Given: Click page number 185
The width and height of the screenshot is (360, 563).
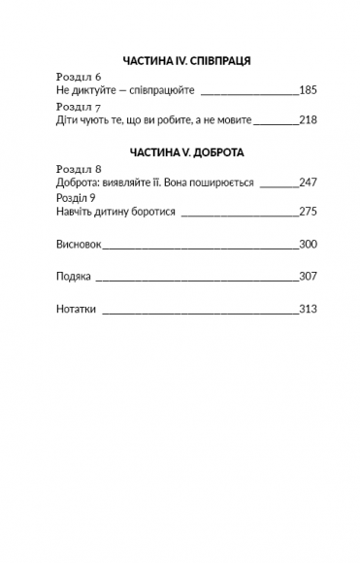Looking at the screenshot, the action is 309,90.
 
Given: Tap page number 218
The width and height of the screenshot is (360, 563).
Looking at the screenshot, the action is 309,120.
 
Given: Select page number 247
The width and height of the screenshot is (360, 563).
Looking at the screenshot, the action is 309,182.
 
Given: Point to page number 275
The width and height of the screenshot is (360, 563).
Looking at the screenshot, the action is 309,211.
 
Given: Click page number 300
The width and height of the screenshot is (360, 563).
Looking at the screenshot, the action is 309,245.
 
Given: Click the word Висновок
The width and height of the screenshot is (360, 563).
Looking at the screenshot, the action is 79,245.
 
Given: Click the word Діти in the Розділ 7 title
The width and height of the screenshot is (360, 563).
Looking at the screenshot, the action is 67,120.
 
